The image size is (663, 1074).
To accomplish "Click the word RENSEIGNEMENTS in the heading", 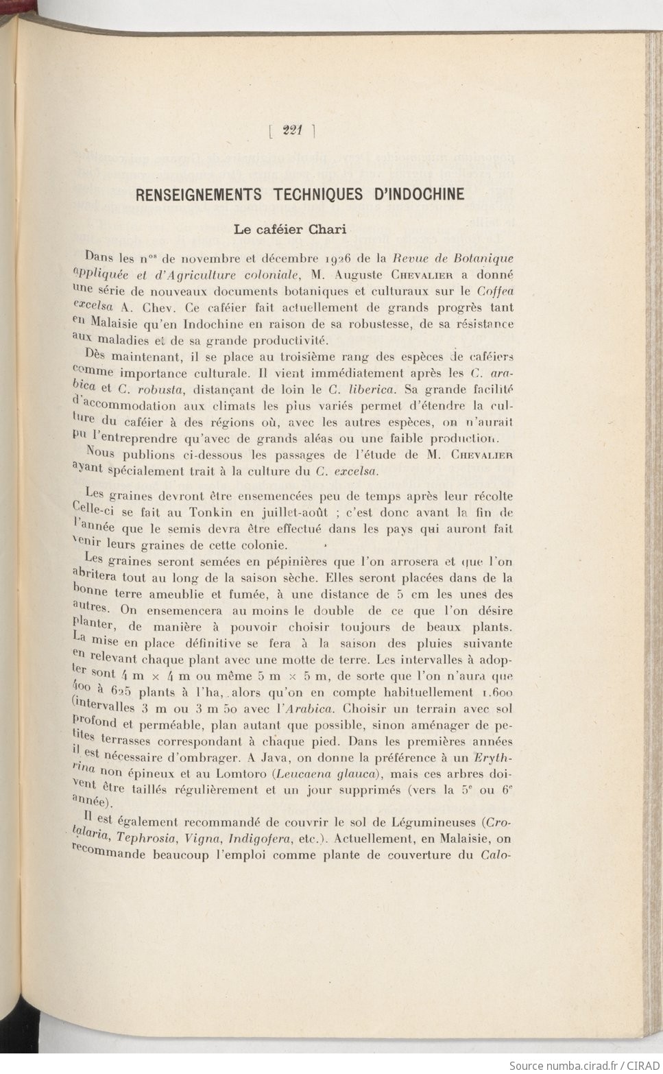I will click(199, 195).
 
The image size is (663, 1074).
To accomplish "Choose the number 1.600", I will click(496, 693).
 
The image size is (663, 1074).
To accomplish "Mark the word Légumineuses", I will click(435, 822).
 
